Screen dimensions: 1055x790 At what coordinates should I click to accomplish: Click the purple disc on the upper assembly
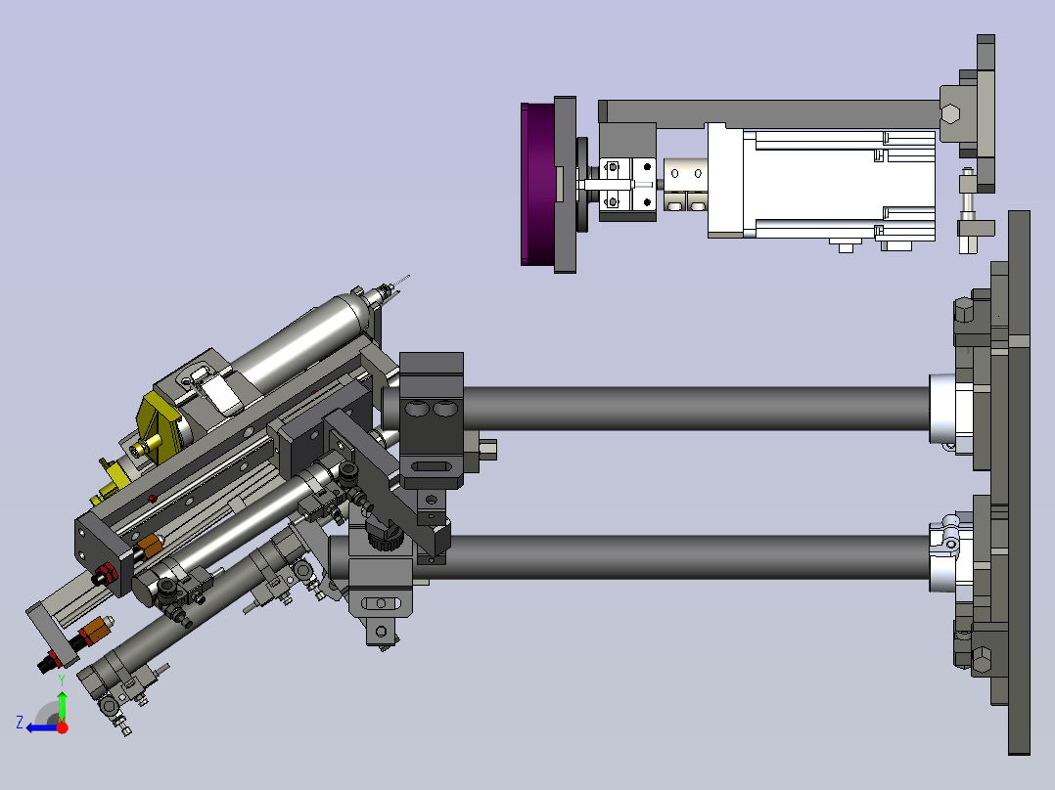[537, 184]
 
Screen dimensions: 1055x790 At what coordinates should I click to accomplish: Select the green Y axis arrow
[62, 703]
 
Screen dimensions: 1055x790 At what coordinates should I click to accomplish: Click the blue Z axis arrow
[42, 727]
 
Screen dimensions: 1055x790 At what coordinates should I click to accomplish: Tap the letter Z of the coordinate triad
[20, 723]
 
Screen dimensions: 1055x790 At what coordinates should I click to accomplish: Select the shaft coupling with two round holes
[685, 184]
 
